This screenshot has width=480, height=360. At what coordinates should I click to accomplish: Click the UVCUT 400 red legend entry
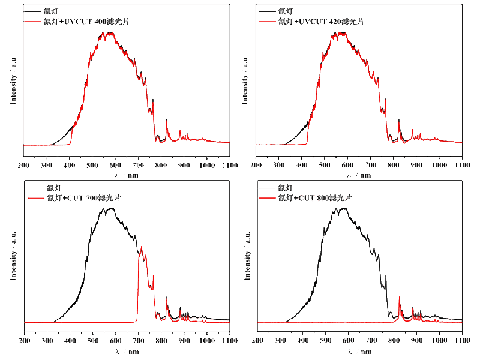coord(74,22)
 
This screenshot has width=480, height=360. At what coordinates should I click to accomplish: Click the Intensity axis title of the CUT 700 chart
coord(13,259)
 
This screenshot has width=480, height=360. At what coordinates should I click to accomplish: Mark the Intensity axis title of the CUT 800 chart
coord(247,259)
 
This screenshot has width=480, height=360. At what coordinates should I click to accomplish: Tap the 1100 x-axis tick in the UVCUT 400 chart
coord(229,165)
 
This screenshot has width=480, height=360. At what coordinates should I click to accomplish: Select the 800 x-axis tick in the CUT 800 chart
coord(394,341)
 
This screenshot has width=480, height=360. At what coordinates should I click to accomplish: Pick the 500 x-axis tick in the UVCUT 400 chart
coord(92,165)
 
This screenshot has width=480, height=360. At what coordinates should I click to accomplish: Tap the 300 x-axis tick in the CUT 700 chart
coord(47,341)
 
